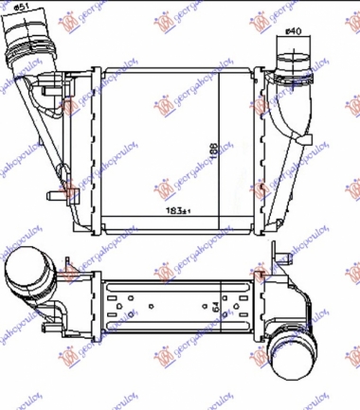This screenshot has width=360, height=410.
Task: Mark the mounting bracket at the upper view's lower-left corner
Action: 72,196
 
